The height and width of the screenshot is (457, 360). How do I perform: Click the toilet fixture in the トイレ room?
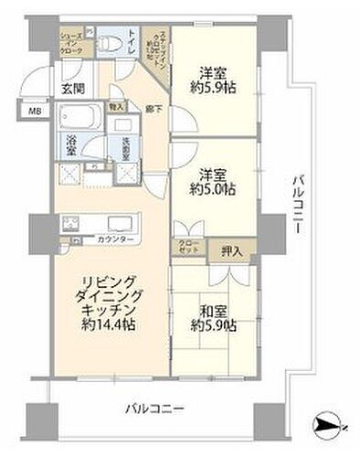click(108, 43)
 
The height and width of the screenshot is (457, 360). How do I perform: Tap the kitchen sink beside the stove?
click(119, 223)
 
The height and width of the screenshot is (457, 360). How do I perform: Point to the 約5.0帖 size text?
click(213, 189)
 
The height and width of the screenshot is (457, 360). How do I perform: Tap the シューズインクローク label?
click(71, 44)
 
